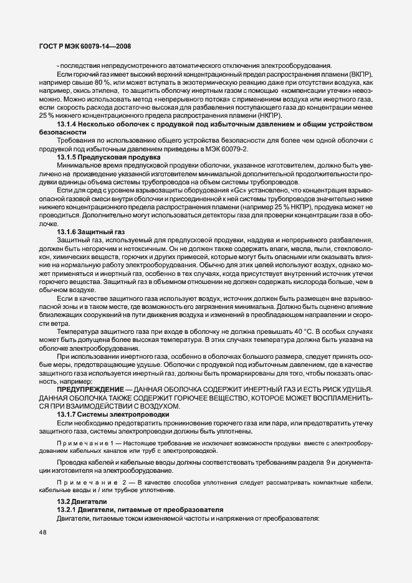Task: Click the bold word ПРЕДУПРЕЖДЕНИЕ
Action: [88, 389]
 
